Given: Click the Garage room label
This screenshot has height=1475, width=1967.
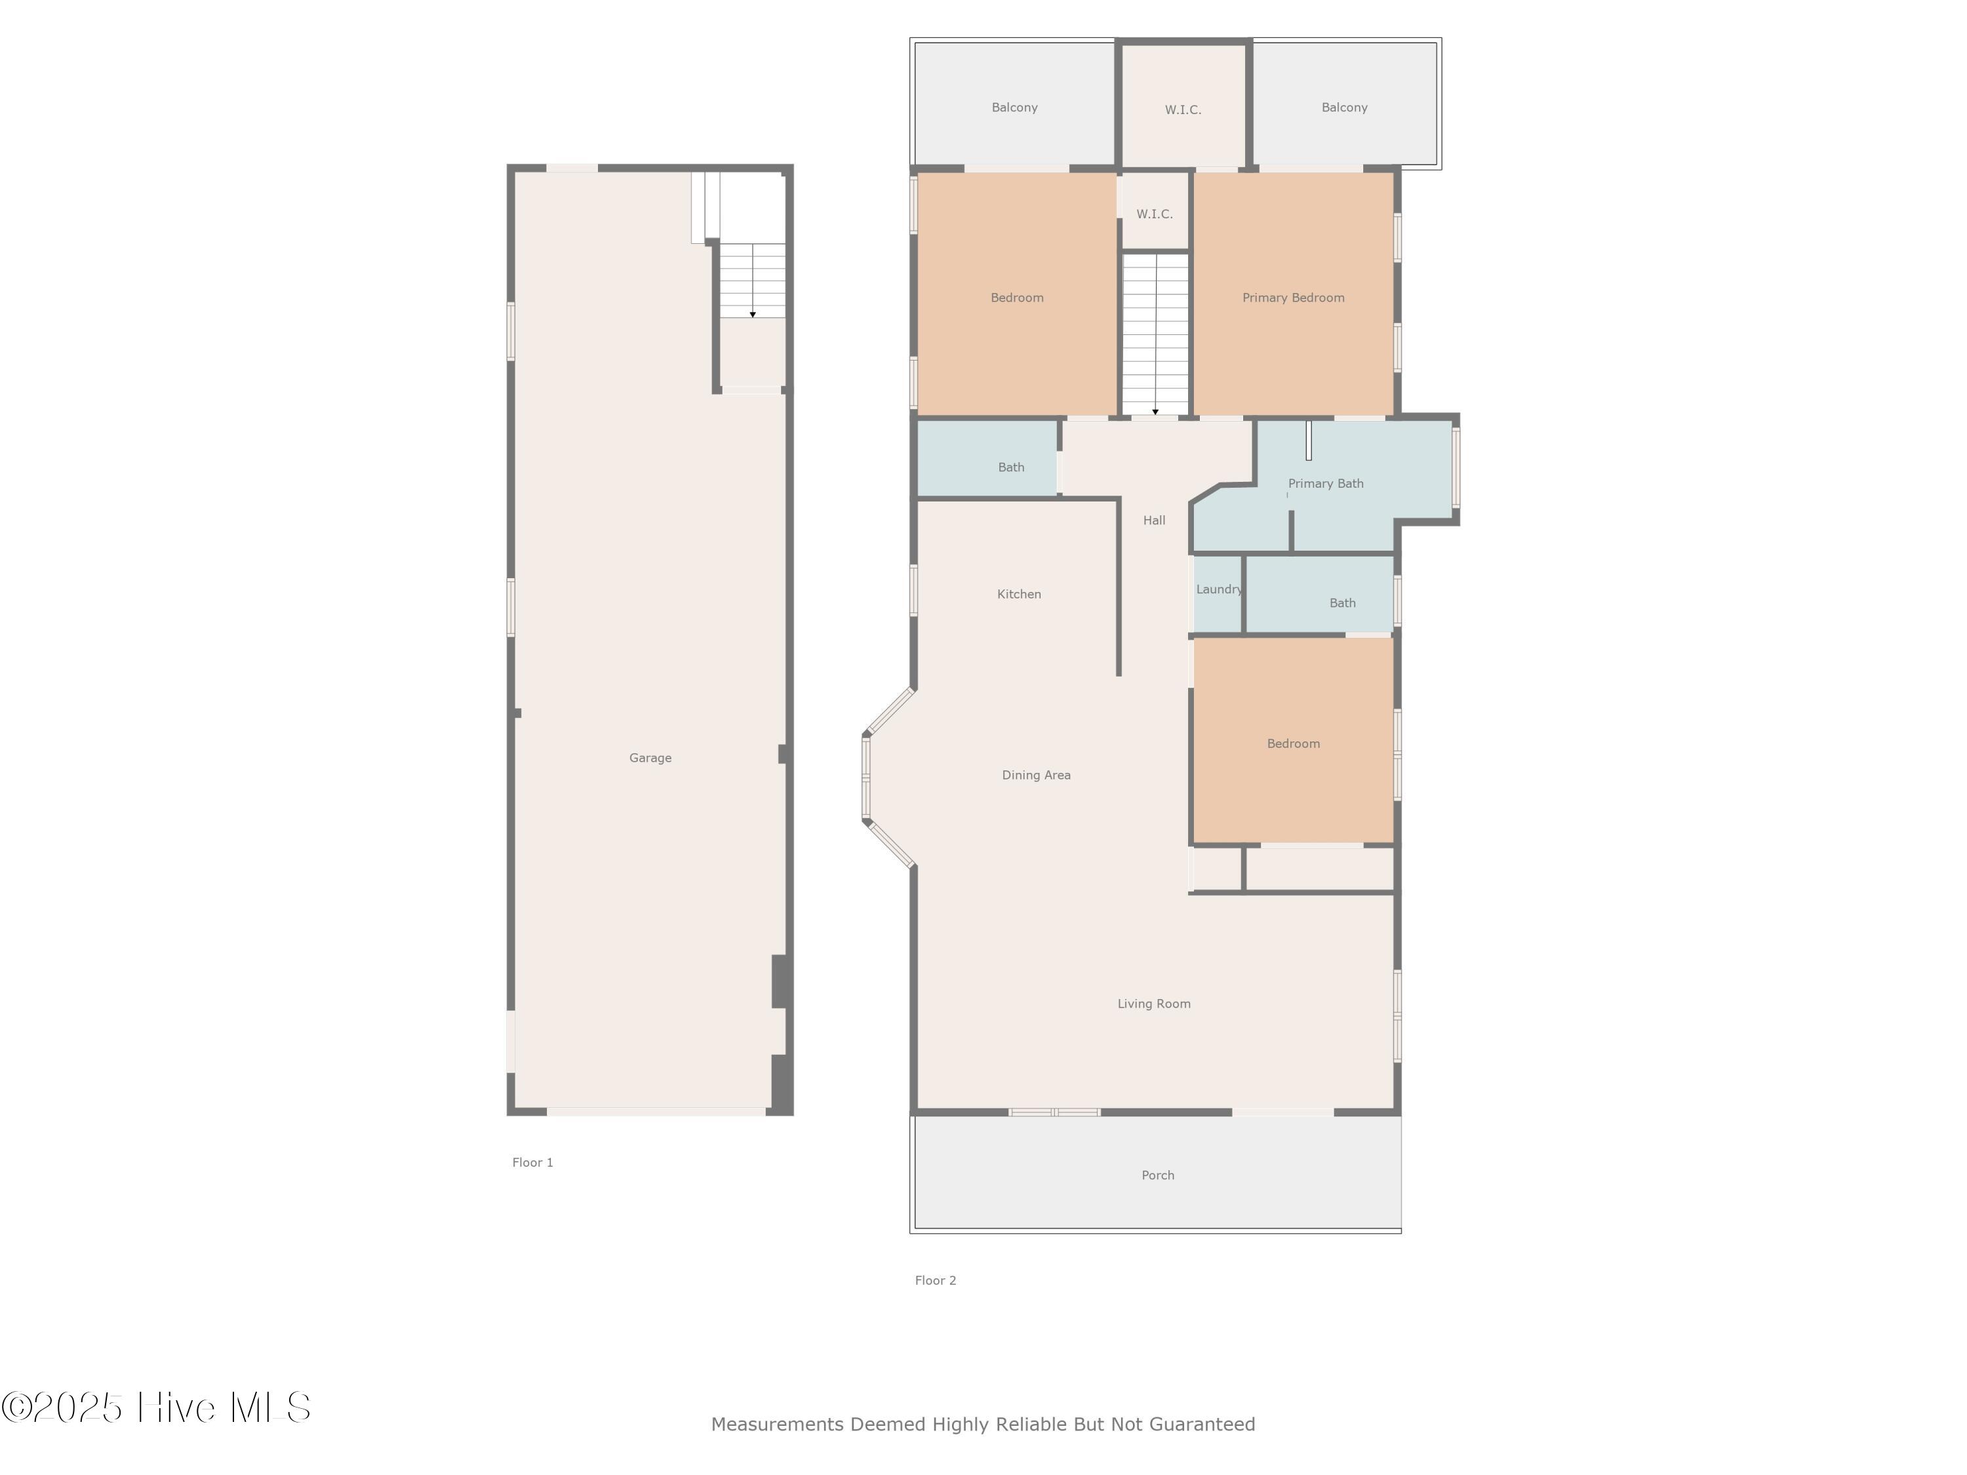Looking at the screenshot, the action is coord(650,758).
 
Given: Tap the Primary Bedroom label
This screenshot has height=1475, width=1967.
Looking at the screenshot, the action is coord(1293,298).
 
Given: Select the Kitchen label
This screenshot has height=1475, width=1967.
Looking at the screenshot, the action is coord(1019,594).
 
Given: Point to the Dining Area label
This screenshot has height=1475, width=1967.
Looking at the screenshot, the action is coord(1036,776).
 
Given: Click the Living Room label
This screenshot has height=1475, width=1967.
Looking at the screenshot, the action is coord(1153,1004).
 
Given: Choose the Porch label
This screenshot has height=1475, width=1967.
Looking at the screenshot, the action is coord(1158,1175).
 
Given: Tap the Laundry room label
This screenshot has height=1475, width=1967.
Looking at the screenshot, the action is coord(1219,589).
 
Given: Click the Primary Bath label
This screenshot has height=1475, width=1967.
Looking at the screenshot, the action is coord(1325,484).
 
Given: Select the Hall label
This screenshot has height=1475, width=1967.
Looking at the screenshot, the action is coord(1154,520).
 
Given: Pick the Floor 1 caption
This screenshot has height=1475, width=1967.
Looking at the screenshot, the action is coord(532,1162).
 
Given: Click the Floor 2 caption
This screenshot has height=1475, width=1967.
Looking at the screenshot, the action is coord(936,1280).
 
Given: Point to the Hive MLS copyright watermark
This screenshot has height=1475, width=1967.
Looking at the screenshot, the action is coord(157,1407).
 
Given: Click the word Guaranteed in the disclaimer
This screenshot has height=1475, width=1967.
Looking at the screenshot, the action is coord(1202,1425).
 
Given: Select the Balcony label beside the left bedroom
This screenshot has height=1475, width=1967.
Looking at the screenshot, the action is coord(1014,108).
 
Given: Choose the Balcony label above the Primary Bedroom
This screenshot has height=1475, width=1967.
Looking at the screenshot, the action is coord(1345,108).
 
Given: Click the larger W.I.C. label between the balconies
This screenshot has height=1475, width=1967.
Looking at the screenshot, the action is coord(1183,110).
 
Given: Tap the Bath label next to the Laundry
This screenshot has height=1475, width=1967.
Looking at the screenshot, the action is coord(1343,603).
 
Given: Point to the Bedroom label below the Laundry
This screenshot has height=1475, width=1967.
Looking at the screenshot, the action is coord(1293,743).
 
